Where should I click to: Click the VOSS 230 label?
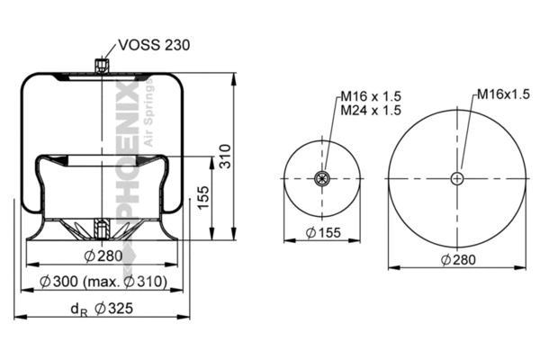pyautogui.click(x=151, y=45)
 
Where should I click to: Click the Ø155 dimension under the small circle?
pyautogui.click(x=319, y=234)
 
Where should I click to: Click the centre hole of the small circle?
pyautogui.click(x=320, y=178)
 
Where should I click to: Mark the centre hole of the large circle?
pyautogui.click(x=458, y=178)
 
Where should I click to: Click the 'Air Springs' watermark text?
pyautogui.click(x=149, y=108)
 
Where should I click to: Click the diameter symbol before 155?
pyautogui.click(x=308, y=234)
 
